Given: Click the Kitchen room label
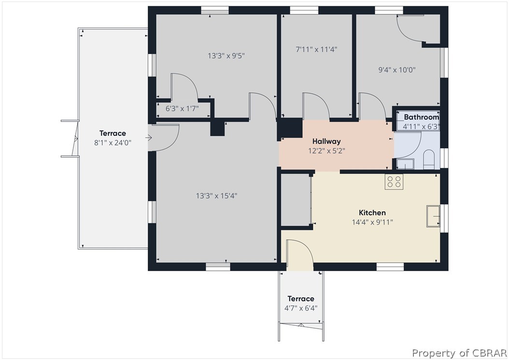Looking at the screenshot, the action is pos(372,213).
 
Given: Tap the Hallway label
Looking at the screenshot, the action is pos(326,141).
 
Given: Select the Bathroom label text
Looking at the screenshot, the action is pos(422,117).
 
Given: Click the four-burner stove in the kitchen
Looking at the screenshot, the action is pos(394,182).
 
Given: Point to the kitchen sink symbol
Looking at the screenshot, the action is pos(433,216).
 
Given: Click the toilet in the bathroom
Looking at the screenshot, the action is pos(429,159).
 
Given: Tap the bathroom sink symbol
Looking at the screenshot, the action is pos(405,164).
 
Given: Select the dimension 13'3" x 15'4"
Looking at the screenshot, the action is pos(216,196).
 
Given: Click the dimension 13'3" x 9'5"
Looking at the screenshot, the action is pos(226,56).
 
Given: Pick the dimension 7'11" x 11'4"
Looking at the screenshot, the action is pos(316,49).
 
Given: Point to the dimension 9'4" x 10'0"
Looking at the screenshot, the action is pos(397,70).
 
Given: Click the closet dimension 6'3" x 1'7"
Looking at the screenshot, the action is pos(182,109).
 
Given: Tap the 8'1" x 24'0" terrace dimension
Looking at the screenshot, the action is pos(113,143).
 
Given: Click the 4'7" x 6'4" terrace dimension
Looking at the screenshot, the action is pos(301,308).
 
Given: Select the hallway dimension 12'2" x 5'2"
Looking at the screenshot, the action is pos(326,151).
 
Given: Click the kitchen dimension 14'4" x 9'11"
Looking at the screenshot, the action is pos(372,222).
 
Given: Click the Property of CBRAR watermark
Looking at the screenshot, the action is pos(459,353).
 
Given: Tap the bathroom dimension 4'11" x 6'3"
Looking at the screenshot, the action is pos(422,127).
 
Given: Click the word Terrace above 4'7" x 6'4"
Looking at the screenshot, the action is pos(301,299).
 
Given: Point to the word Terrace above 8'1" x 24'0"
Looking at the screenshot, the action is pos(113,133).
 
